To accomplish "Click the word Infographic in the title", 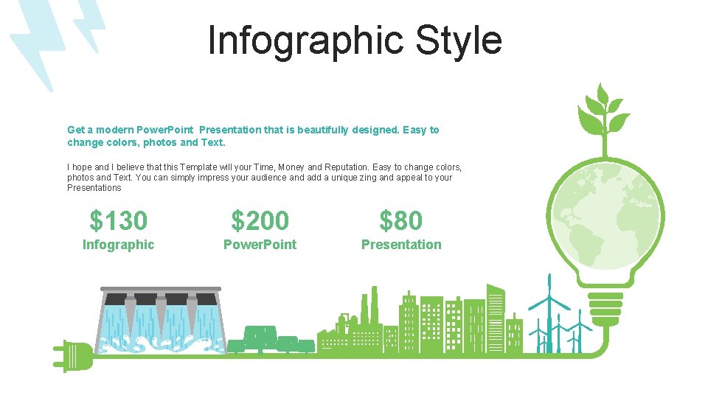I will (x=307, y=41).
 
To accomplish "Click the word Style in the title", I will (x=458, y=41).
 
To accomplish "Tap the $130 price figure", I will (x=118, y=220).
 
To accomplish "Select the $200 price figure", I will (x=260, y=220).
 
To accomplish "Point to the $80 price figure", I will (x=401, y=220).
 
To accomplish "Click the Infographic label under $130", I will (x=118, y=245).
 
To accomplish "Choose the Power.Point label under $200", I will (x=260, y=245).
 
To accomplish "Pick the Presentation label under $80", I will (x=401, y=245).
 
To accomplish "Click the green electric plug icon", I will (x=74, y=355).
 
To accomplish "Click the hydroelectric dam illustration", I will (x=161, y=318).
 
